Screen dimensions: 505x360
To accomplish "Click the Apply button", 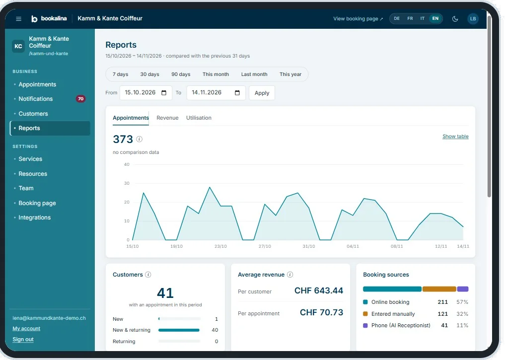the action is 262,93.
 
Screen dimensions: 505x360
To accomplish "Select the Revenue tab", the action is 167,118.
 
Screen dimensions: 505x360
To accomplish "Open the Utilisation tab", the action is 199,118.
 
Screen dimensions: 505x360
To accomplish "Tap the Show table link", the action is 455,137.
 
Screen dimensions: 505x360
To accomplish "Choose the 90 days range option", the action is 181,74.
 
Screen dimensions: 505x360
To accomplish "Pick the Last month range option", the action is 254,74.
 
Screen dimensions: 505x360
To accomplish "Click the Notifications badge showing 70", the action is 80,99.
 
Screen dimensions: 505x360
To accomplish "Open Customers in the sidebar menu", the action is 33,114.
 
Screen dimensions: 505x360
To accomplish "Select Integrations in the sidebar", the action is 34,217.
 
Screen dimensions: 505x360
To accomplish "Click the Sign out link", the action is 23,339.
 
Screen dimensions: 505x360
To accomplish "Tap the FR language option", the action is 410,19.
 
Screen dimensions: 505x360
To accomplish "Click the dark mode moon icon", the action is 455,19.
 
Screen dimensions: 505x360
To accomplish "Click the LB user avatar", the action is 473,19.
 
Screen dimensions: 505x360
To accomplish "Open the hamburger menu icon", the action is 19,19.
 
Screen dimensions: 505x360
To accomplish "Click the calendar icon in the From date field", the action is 164,93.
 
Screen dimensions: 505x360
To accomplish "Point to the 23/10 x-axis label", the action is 220,246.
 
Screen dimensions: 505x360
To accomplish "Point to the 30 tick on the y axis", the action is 127,183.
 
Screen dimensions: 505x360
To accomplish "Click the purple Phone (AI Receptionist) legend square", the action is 365,326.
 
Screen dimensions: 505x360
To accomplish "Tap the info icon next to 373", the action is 139,139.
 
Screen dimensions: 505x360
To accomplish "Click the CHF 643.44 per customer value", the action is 319,291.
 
